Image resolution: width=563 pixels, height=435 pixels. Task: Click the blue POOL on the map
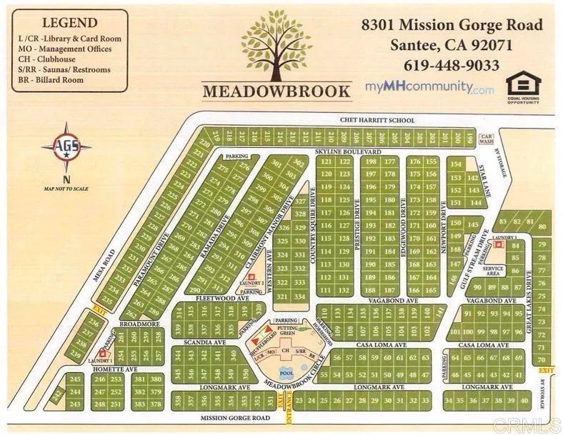(286, 373)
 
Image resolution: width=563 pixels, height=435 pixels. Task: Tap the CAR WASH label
(487, 139)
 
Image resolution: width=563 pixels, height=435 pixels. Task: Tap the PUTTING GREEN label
(287, 331)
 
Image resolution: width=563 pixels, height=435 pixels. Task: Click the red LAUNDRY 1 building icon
(103, 353)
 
